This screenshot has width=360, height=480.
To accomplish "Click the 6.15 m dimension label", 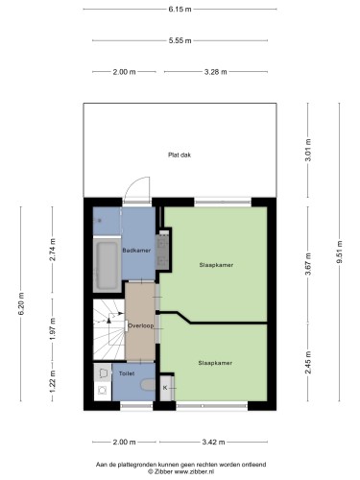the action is point(180,10).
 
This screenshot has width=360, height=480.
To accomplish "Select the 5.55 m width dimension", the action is point(180,40).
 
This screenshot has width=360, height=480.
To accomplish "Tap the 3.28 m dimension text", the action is point(216,72).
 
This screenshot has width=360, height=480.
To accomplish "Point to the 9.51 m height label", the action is point(339,252).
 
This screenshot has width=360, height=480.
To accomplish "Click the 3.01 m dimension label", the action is point(308,150).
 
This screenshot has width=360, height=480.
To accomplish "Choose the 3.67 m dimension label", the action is point(308,264).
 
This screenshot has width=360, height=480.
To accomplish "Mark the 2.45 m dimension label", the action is point(308,362).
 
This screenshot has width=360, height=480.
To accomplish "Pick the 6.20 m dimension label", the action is point(21,303).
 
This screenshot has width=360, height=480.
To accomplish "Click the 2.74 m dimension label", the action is point(53,250).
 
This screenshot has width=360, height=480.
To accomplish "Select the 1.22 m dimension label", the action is point(53,381).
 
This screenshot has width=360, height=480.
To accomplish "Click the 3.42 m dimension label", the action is point(213,443).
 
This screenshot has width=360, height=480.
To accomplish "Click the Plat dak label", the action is point(180,156).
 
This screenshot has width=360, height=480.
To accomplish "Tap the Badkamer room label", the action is point(136,251).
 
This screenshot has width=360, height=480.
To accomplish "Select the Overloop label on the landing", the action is point(141,325).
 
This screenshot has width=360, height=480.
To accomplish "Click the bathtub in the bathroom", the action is point(107,265).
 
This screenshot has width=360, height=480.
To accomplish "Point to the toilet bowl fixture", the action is point(148,385).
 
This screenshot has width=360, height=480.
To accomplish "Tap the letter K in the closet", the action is point(165,388).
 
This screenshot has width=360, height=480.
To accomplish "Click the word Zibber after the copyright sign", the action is point(163,471).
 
